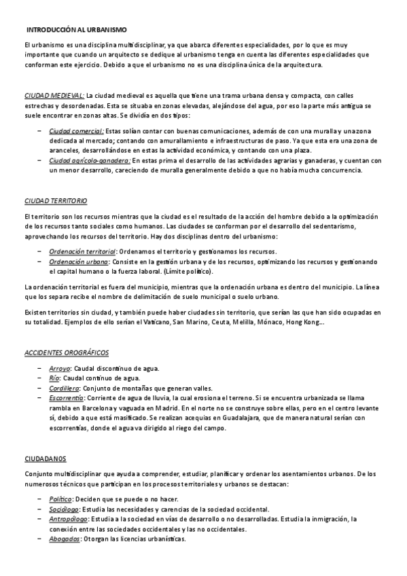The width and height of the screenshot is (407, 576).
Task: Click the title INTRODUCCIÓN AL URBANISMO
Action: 75,30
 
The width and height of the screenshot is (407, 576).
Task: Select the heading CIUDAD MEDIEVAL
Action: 54,96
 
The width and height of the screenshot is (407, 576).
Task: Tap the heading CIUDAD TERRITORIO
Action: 55,202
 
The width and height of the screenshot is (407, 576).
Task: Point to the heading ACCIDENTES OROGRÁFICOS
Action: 66,354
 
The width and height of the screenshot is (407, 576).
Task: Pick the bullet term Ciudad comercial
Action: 76,130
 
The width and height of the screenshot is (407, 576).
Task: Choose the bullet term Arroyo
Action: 60,367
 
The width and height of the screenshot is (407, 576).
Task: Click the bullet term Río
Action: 54,378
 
